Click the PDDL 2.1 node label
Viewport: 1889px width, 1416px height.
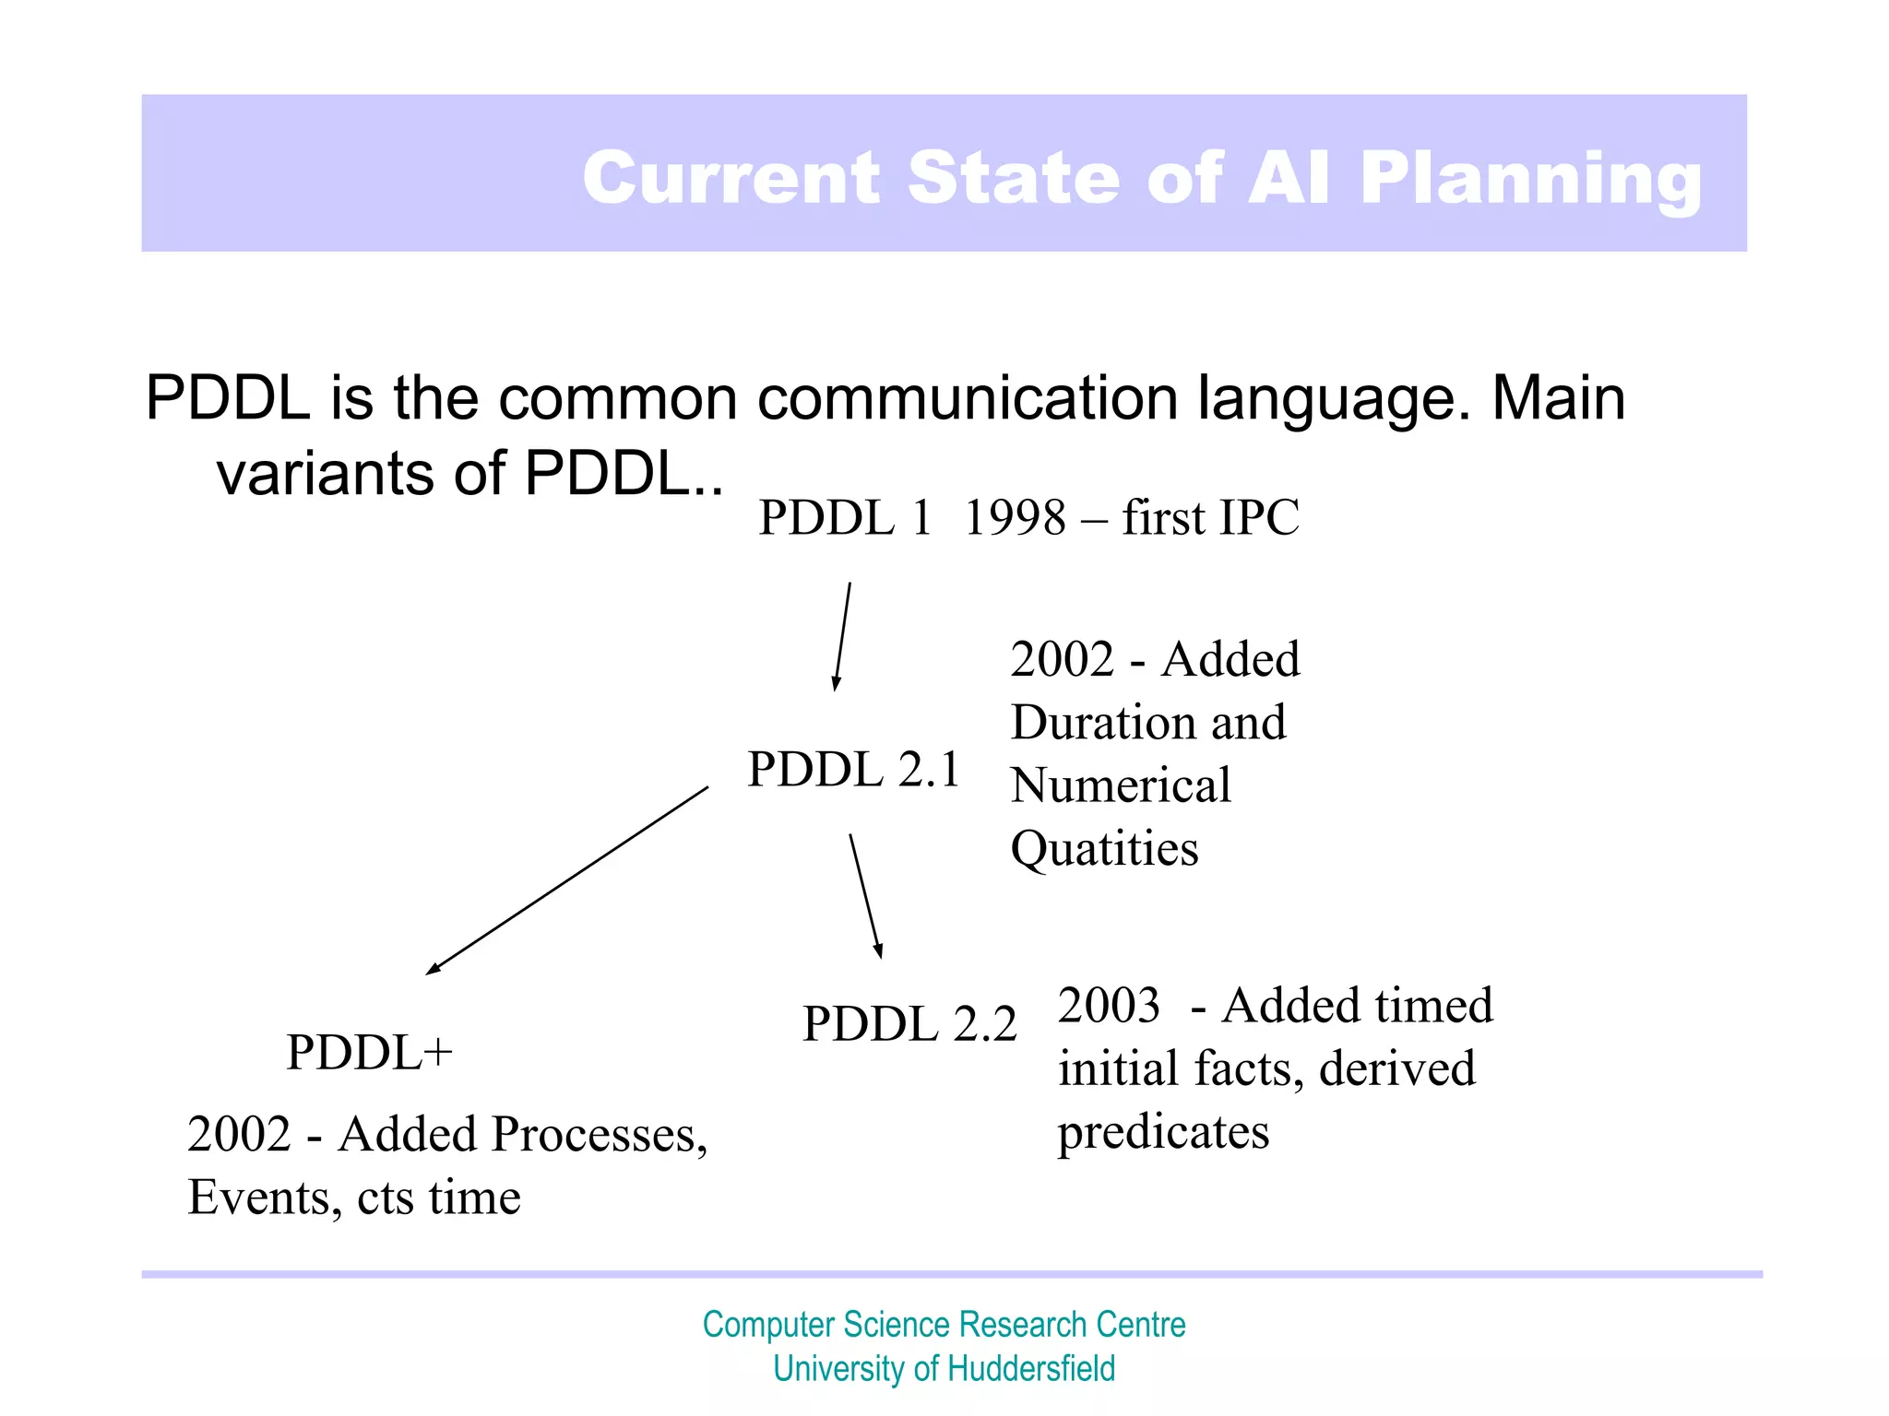[x=853, y=769]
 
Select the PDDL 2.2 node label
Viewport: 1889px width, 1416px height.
[x=909, y=1023]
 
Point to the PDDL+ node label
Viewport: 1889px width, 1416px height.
[x=369, y=1052]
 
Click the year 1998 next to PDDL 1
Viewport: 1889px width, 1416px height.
[x=1015, y=517]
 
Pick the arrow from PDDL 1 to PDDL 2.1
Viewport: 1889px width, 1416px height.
[x=842, y=636]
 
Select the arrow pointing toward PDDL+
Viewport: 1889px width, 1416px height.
[x=567, y=880]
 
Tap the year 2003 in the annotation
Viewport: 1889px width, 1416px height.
[x=1109, y=1005]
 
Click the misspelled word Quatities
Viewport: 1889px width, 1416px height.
[x=1104, y=849]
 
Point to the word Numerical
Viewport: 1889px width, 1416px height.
[x=1121, y=785]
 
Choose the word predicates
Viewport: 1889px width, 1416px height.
[x=1163, y=1132]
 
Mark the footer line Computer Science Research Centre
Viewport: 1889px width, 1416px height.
[x=944, y=1325]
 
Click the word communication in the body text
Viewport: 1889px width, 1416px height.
[x=968, y=398]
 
